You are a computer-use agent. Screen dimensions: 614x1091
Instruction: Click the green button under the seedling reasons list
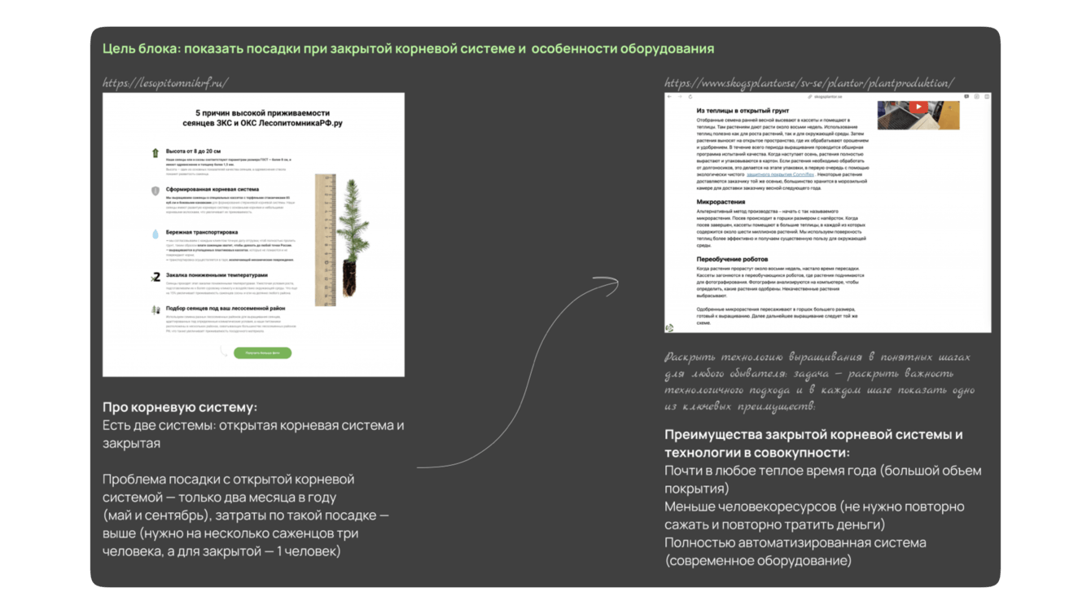coord(262,353)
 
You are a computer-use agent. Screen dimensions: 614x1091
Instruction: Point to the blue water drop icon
coord(155,234)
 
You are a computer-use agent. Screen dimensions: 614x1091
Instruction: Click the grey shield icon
coord(155,191)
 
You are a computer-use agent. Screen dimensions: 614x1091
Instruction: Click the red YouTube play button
coord(918,107)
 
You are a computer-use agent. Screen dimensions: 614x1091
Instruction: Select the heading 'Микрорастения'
coord(721,201)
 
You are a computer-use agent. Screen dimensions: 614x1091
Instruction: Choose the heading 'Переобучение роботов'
coord(732,260)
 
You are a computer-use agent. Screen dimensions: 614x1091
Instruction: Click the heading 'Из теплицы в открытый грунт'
coord(743,110)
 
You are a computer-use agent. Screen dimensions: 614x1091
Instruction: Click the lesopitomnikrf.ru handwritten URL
coord(165,83)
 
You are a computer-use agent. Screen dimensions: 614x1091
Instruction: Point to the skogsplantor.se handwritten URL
coord(808,83)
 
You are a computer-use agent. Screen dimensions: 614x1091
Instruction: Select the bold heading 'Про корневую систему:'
coord(180,407)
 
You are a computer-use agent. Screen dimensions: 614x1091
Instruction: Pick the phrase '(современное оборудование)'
coord(758,560)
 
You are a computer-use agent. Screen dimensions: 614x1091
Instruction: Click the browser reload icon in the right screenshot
coord(690,97)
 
